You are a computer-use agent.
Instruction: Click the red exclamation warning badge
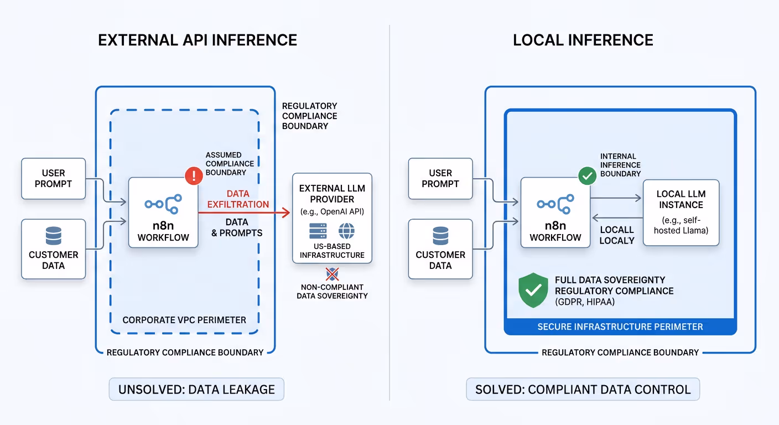194,177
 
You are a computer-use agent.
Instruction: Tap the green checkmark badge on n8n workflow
586,177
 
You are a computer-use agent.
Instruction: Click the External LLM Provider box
332,218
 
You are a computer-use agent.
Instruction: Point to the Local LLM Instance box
681,212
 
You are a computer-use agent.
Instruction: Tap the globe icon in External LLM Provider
347,231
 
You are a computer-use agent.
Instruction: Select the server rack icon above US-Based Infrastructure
318,231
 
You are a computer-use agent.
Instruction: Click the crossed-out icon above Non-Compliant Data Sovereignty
332,273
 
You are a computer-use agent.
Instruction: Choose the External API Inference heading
198,40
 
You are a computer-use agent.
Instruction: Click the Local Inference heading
583,40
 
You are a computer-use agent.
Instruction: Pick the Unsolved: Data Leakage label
196,389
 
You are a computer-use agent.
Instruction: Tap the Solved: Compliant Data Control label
583,389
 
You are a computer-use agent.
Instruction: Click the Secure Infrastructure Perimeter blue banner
620,326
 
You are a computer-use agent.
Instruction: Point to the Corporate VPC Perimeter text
184,320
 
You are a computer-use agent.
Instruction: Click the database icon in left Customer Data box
54,237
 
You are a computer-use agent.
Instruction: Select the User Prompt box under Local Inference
440,179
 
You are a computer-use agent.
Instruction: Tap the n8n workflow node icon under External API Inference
163,204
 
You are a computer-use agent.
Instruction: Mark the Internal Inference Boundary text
620,165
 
